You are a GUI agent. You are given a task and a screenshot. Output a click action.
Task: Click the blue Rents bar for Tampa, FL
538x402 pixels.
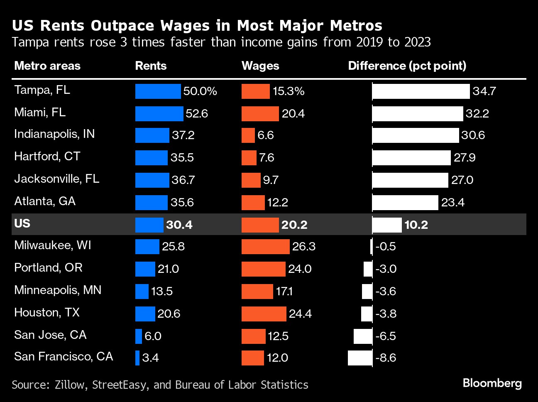click(x=158, y=91)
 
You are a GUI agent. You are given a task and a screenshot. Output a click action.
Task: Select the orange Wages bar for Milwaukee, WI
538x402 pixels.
click(x=265, y=247)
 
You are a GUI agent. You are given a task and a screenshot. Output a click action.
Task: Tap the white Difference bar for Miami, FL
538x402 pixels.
click(x=418, y=114)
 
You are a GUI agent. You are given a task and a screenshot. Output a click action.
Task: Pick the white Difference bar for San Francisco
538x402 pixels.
click(x=360, y=358)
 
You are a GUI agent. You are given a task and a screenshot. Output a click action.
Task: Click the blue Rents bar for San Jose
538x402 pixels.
click(x=139, y=336)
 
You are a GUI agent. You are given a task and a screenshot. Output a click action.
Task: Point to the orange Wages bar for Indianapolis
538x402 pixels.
click(x=248, y=135)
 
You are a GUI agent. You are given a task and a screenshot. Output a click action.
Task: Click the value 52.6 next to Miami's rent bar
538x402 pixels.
click(x=197, y=114)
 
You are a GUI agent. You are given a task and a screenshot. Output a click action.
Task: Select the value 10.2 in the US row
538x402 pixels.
click(x=416, y=225)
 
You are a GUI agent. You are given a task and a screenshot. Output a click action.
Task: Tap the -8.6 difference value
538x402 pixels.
click(x=386, y=358)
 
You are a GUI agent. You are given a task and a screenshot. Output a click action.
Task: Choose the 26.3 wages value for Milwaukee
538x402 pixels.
click(x=304, y=247)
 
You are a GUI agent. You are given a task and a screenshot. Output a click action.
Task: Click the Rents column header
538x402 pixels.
click(x=151, y=66)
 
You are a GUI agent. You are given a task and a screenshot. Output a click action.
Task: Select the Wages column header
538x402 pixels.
click(x=260, y=66)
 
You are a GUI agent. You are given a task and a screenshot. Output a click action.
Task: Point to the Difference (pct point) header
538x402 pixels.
click(x=407, y=66)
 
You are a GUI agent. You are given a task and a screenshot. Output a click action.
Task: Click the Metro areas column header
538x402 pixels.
click(x=47, y=66)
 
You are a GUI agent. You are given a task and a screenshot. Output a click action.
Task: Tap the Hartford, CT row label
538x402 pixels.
click(x=47, y=157)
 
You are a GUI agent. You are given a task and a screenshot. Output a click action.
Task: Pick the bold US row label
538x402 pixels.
click(x=22, y=223)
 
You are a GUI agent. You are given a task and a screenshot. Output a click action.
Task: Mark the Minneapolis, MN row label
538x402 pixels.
click(x=58, y=290)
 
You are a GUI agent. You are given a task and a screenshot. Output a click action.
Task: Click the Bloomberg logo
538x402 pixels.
click(x=492, y=383)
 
